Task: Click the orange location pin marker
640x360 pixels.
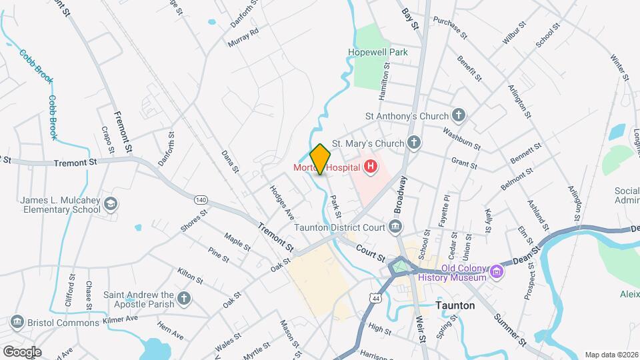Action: coord(320,159)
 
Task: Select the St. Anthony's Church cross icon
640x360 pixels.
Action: coord(458,115)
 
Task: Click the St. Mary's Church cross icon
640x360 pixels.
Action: coord(414,143)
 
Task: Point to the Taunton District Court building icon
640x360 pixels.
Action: coord(395,227)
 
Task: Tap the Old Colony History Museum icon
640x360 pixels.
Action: coord(495,273)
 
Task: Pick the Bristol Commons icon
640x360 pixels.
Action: coord(17,323)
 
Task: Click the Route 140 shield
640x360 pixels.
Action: coord(201,199)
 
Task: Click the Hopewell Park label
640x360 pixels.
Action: coord(378,52)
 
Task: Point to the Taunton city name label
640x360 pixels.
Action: coord(455,305)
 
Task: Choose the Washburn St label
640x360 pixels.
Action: coord(461,137)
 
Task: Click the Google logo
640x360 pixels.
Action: coord(22,351)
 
